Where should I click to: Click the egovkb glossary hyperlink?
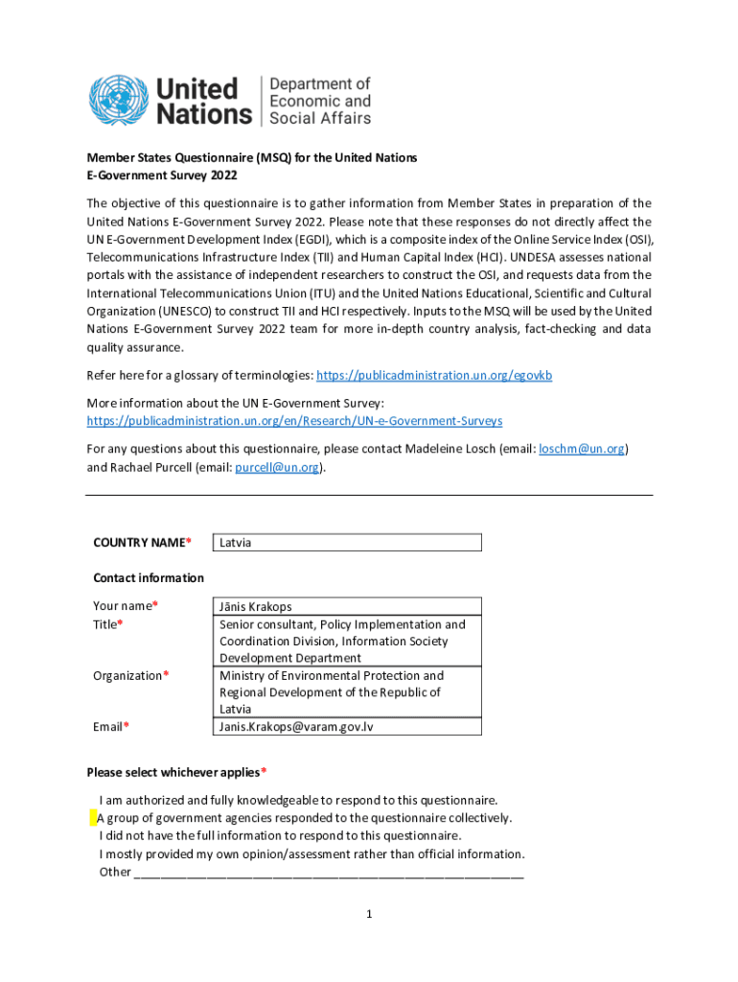point(433,375)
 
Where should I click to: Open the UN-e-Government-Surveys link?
point(294,421)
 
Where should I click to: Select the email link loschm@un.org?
point(582,448)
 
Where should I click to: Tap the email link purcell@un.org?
point(277,467)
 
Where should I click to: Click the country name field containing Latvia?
point(346,543)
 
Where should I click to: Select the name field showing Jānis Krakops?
point(346,606)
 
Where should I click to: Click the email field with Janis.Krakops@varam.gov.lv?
point(346,726)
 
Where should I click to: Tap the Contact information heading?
point(148,577)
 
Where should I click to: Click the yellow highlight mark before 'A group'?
point(93,818)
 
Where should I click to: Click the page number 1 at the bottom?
point(368,915)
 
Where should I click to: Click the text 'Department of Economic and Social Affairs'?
point(319,101)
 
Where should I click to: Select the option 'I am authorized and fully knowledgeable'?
point(297,800)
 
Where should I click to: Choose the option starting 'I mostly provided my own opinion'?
point(311,853)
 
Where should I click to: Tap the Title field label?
point(107,624)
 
